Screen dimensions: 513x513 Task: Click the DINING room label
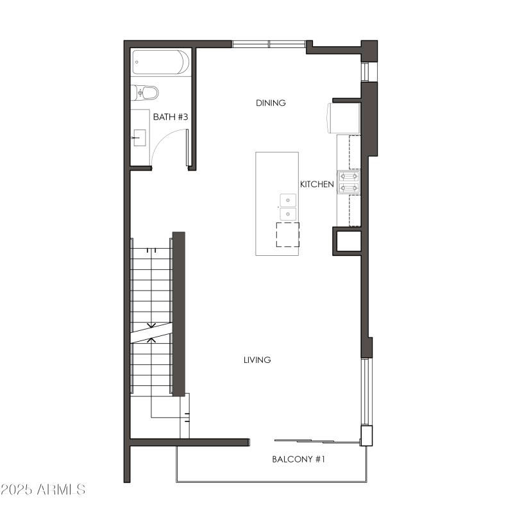271,103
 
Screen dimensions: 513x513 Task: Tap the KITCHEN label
317,185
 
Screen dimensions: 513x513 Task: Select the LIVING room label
257,360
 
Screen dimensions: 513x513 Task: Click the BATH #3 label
171,117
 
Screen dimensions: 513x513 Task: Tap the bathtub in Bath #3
160,63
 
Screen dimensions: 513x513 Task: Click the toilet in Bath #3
146,93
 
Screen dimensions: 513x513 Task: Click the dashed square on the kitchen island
288,235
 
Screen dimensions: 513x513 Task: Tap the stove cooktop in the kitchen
349,181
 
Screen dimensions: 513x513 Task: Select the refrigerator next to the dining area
344,117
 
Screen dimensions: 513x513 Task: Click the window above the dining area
269,44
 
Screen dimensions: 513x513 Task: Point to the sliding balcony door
314,441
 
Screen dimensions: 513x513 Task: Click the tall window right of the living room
365,391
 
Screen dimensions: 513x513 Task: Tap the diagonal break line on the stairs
151,332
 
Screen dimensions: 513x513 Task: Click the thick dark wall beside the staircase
179,314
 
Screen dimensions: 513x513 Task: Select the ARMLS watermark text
43,490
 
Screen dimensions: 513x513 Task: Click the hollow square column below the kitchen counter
348,242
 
